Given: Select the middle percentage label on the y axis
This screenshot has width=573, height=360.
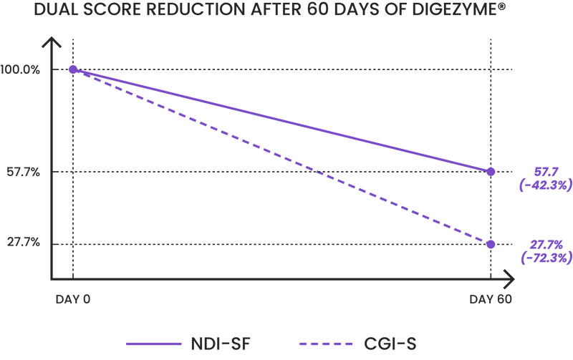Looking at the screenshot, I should [x=21, y=172].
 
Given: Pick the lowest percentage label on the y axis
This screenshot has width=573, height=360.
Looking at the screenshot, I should [x=21, y=243].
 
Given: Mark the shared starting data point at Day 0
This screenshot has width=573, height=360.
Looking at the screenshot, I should [x=72, y=69].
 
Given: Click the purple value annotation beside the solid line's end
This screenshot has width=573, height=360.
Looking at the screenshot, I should [x=544, y=178].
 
